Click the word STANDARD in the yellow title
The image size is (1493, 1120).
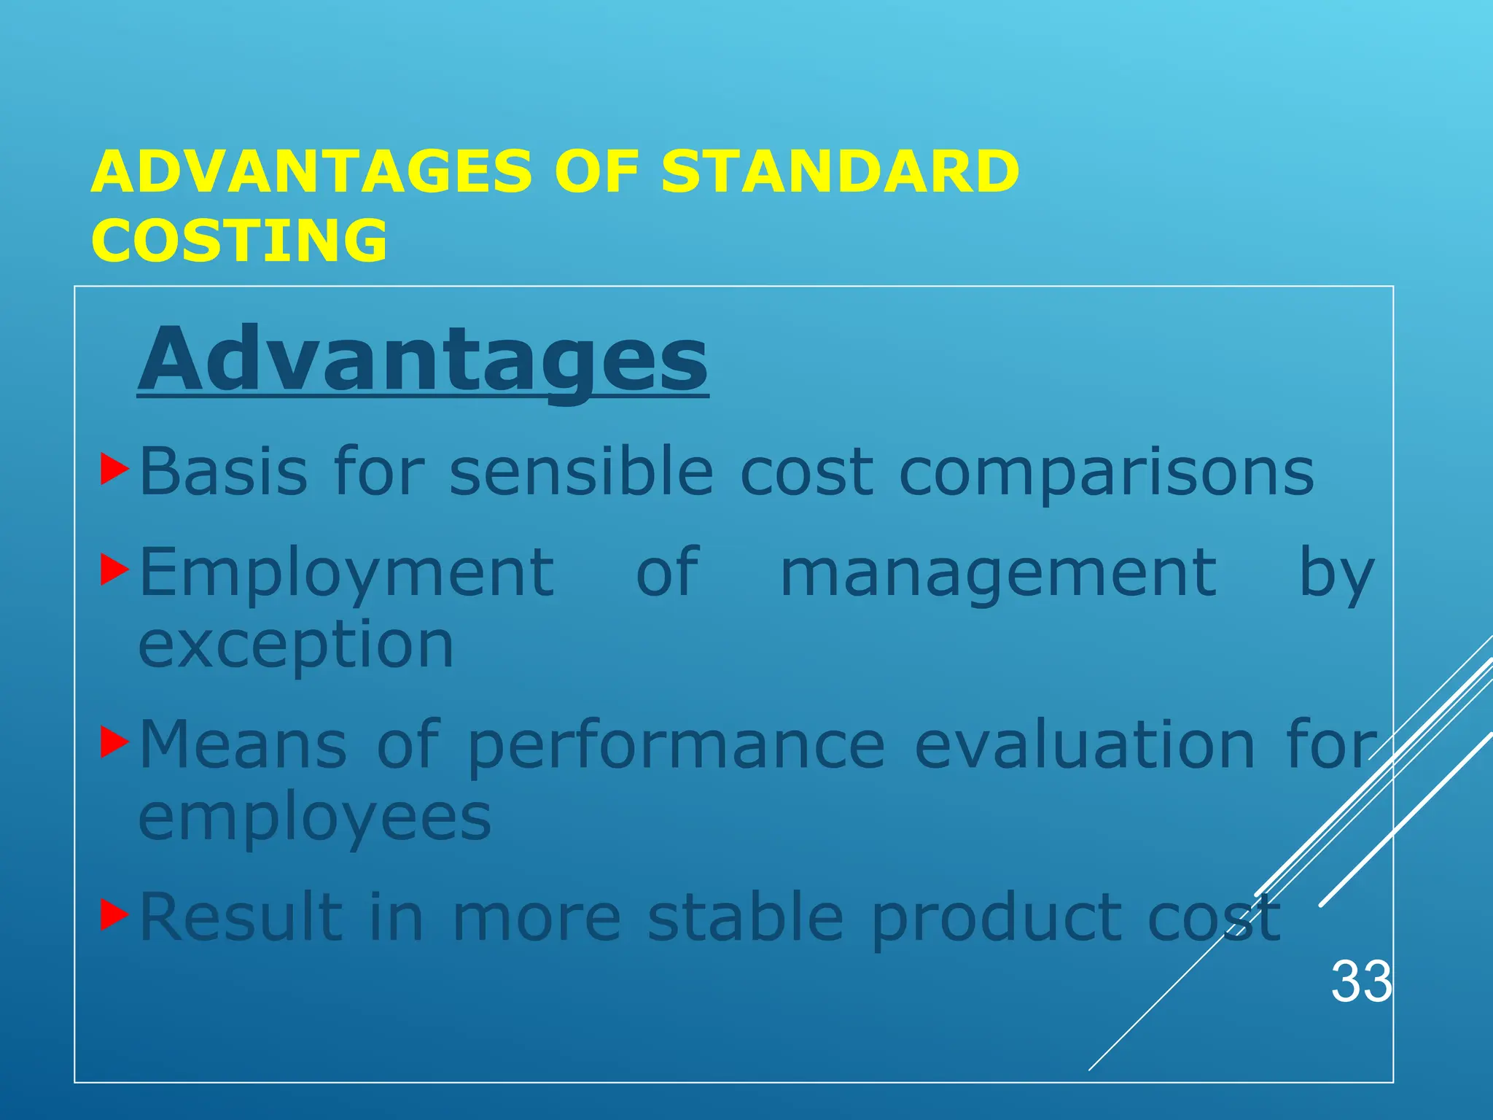pyautogui.click(x=840, y=171)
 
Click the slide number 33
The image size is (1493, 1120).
pyautogui.click(x=1361, y=982)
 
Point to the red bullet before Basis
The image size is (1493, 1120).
pyautogui.click(x=114, y=470)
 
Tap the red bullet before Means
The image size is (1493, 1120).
pyautogui.click(x=114, y=744)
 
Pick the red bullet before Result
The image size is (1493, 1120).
pyautogui.click(x=114, y=915)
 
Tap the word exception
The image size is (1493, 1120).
pyautogui.click(x=296, y=646)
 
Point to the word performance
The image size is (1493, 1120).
pyautogui.click(x=676, y=747)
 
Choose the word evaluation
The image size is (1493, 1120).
pyautogui.click(x=1085, y=745)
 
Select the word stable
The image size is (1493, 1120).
pyautogui.click(x=746, y=917)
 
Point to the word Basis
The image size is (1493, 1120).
pyautogui.click(x=223, y=472)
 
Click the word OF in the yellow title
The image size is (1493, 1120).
pyautogui.click(x=596, y=171)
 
